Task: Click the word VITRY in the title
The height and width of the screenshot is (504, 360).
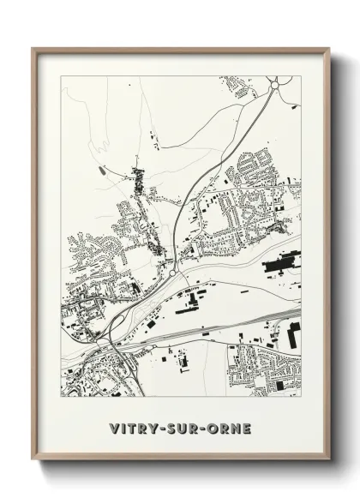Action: point(133,428)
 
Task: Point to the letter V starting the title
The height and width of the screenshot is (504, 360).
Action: point(114,428)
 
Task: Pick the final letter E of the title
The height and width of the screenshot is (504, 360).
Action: point(247,428)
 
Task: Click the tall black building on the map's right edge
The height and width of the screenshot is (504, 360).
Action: point(293,336)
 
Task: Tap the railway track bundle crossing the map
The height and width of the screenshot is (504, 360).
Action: point(223,330)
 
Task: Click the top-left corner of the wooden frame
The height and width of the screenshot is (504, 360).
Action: point(33,49)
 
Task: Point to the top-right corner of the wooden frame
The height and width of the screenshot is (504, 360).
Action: point(328,49)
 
